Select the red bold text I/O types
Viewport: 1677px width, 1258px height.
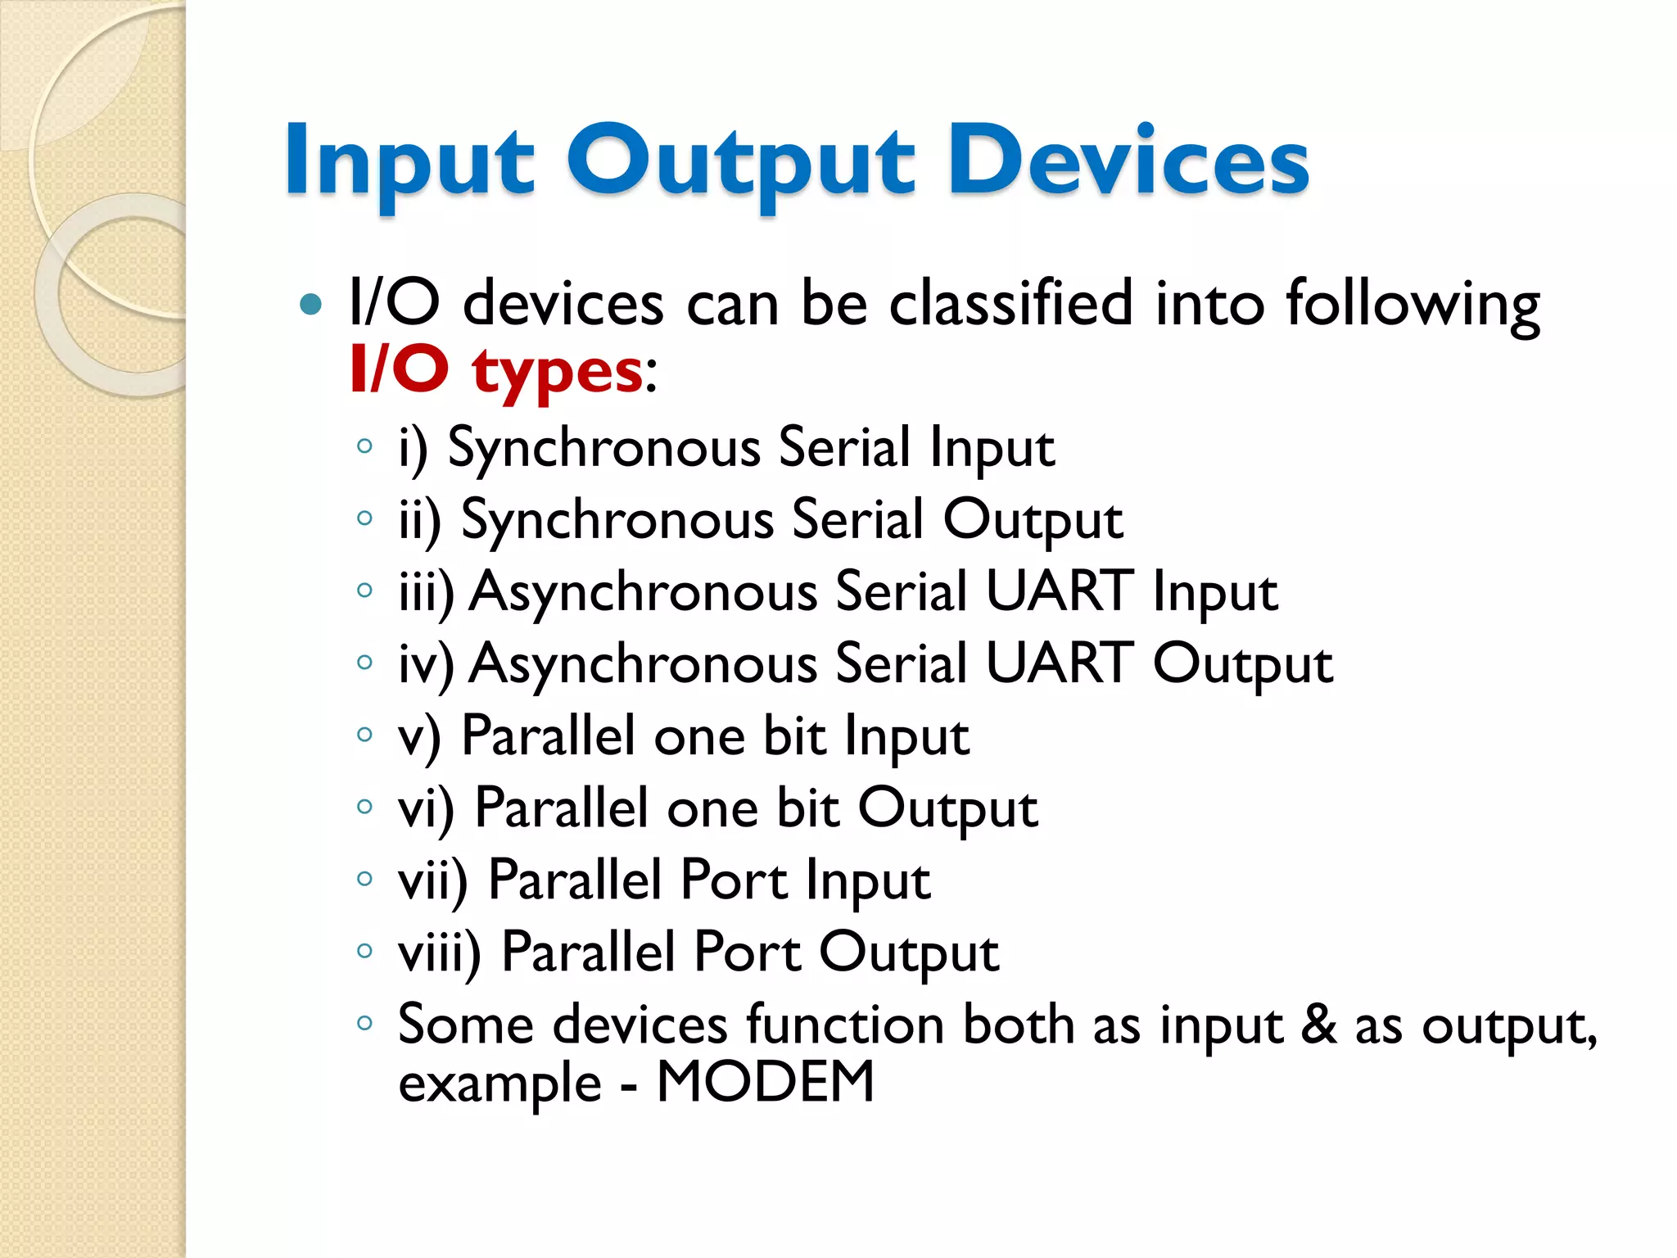tap(496, 370)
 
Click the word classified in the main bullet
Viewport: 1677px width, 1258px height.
tap(1011, 303)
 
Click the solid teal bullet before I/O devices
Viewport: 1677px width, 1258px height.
tap(311, 305)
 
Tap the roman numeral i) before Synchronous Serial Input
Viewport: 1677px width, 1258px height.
tap(413, 449)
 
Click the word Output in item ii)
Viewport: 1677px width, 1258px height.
tap(1033, 521)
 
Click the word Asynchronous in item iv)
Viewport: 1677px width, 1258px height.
tap(644, 663)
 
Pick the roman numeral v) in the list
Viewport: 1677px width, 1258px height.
tap(418, 736)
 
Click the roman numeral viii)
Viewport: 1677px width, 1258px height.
tap(439, 953)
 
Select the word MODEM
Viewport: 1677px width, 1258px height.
tap(766, 1082)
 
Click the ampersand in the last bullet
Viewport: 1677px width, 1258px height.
tap(1318, 1024)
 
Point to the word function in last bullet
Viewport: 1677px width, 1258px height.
tap(844, 1024)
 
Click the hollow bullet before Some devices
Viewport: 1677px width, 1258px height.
tap(364, 1022)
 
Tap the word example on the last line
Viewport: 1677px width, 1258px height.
tap(499, 1084)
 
